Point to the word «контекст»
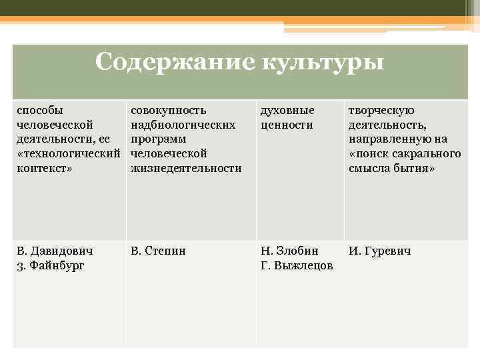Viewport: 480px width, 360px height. (x=44, y=168)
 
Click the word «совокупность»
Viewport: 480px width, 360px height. (x=168, y=109)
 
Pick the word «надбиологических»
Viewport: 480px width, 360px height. (x=183, y=124)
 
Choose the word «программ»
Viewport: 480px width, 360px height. (x=158, y=139)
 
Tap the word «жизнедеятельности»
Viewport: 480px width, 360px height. (x=186, y=168)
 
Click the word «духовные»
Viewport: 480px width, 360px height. (x=287, y=109)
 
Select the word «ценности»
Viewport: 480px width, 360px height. (x=286, y=124)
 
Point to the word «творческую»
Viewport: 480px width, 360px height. (x=381, y=109)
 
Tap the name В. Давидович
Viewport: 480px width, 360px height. (x=55, y=251)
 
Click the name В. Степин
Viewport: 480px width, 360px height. (x=158, y=251)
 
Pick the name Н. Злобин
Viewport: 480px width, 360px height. (x=289, y=251)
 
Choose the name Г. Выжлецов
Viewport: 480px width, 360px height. (x=297, y=266)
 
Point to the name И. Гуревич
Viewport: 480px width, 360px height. (x=379, y=251)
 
